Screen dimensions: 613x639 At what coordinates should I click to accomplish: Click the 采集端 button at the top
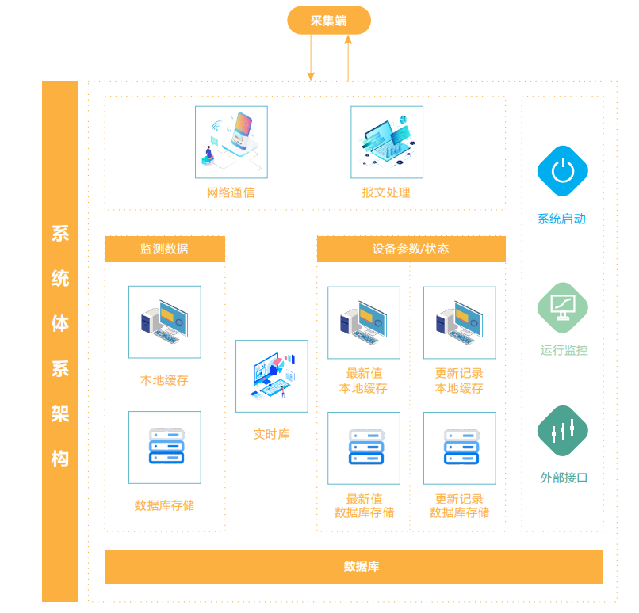328,21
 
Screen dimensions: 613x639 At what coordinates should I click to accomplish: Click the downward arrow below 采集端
311,59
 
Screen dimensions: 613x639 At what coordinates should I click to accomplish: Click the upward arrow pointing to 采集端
348,59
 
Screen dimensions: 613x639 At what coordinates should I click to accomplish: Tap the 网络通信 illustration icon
231,143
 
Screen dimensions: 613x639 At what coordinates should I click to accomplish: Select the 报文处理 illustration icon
387,143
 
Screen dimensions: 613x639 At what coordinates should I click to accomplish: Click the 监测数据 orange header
165,249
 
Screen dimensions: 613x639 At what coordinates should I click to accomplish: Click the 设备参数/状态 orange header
411,249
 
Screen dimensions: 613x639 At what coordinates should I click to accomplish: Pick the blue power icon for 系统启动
562,170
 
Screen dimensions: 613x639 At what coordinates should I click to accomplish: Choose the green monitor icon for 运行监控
563,306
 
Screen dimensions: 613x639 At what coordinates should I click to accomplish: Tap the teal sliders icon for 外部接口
563,431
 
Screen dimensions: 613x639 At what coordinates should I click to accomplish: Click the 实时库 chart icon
272,376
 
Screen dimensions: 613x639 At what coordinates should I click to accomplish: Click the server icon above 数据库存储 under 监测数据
165,447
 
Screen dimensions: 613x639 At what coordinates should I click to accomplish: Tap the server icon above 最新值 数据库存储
364,447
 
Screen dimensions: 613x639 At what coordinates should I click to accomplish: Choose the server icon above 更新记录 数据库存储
460,447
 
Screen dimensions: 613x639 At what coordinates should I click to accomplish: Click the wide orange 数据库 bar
354,566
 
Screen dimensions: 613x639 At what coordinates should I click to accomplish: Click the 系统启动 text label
561,219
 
